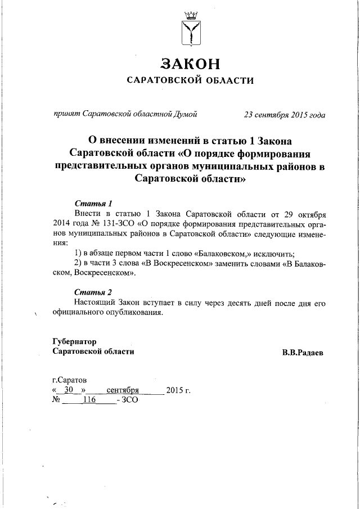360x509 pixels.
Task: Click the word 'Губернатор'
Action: coord(74,341)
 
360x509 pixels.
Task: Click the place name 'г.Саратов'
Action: coord(69,380)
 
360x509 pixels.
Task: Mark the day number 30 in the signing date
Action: coord(69,390)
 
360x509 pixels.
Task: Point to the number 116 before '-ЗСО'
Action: coord(90,400)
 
